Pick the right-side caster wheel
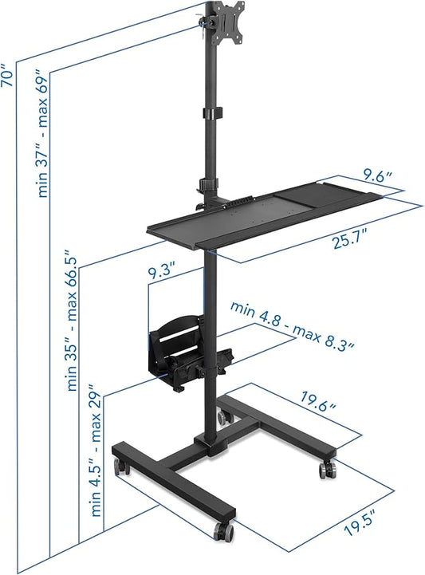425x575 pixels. point(327,469)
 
